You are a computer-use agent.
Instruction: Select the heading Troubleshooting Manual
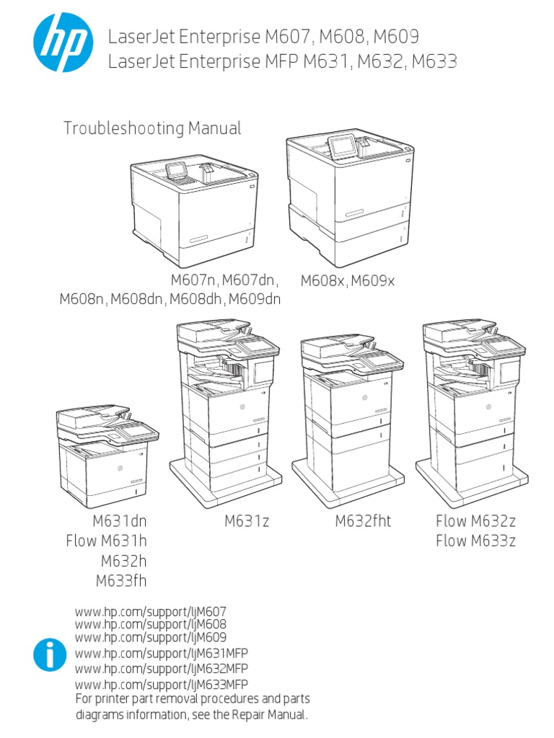152,129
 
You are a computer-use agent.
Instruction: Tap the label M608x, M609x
348,281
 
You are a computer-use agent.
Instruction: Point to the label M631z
247,521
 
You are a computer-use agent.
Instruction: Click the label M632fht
363,521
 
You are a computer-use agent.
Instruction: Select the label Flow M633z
475,541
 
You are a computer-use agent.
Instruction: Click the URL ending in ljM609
151,638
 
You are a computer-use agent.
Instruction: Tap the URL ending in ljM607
151,612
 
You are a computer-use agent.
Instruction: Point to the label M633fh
126,580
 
